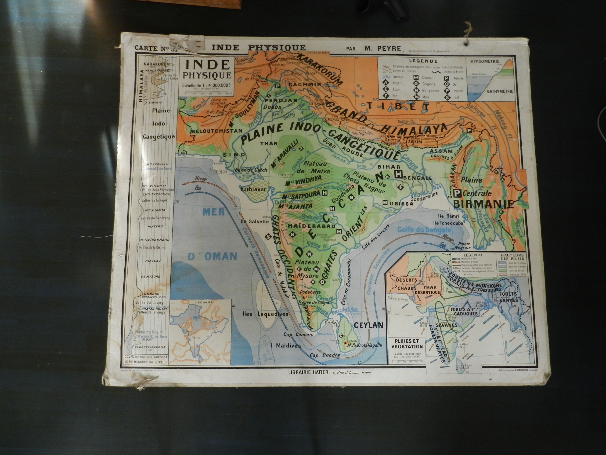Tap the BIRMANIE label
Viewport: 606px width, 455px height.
pyautogui.click(x=483, y=204)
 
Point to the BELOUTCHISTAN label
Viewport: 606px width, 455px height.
pyautogui.click(x=217, y=131)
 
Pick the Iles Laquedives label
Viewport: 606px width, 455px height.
pyautogui.click(x=265, y=314)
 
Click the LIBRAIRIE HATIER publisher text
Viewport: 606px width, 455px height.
pyautogui.click(x=308, y=372)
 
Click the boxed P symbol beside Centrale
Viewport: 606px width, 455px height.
pyautogui.click(x=457, y=193)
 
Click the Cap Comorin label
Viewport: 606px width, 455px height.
pyautogui.click(x=298, y=335)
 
